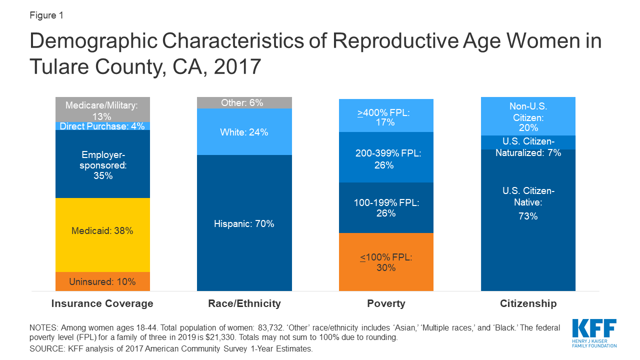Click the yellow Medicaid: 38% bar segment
pyautogui.click(x=102, y=235)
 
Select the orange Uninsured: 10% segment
pyautogui.click(x=102, y=281)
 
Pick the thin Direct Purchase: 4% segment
pyautogui.click(x=102, y=126)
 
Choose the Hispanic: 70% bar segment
pyautogui.click(x=244, y=223)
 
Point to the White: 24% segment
pyautogui.click(x=244, y=132)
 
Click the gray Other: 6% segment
pyautogui.click(x=244, y=102)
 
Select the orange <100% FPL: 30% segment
pyautogui.click(x=385, y=262)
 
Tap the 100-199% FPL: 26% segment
pyautogui.click(x=385, y=207)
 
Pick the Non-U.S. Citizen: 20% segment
pyautogui.click(x=527, y=116)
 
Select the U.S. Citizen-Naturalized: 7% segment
pyautogui.click(x=527, y=142)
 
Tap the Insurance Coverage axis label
pyautogui.click(x=102, y=303)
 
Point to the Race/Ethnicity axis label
pyautogui.click(x=244, y=303)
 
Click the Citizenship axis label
pyautogui.click(x=527, y=303)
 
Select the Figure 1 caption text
pyautogui.click(x=46, y=15)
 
